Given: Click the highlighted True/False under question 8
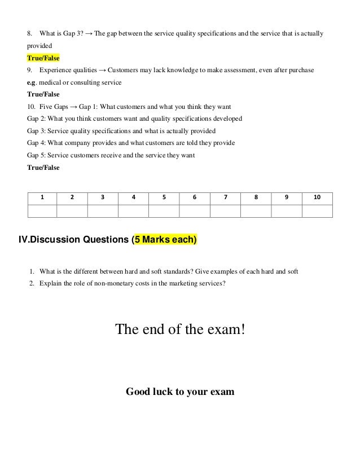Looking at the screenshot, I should (43, 58).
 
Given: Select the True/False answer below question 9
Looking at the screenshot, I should (43, 94).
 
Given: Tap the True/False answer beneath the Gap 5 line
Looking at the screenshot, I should (43, 168).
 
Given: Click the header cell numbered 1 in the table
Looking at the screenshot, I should (42, 197).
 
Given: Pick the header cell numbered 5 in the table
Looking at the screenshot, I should (164, 197).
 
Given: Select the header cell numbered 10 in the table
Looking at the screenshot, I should (317, 197).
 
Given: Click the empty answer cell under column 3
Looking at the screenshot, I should (103, 211).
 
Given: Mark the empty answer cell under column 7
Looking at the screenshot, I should (225, 211).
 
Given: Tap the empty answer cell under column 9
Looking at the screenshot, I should (287, 211).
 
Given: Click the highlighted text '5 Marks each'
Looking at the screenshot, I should (164, 241).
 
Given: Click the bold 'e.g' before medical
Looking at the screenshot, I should (32, 82).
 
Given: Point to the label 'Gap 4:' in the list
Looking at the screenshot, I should (37, 143).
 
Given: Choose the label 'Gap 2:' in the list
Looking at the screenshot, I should (37, 118).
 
